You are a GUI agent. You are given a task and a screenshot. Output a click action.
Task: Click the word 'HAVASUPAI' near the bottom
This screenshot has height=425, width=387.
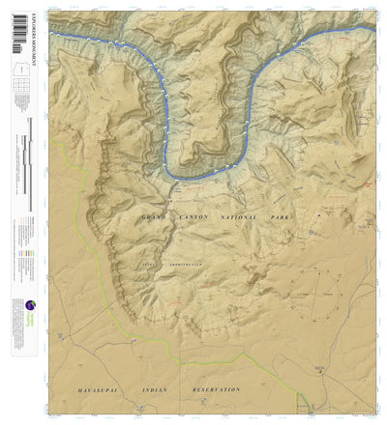pyautogui.click(x=101, y=389)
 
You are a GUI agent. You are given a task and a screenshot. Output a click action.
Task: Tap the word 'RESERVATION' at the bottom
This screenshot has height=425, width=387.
pyautogui.click(x=214, y=389)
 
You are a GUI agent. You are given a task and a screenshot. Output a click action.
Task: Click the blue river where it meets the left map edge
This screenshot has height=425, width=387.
pyautogui.click(x=53, y=34)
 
